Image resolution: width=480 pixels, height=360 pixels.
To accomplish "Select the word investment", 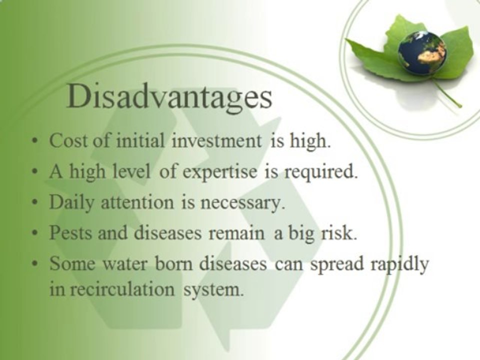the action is (x=216, y=141).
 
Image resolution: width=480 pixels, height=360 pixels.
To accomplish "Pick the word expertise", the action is (x=220, y=172).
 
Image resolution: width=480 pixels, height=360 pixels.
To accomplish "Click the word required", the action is (x=320, y=172).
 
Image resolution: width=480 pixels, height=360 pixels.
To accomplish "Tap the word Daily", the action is (x=71, y=203).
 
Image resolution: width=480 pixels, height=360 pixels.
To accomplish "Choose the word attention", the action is (x=137, y=202).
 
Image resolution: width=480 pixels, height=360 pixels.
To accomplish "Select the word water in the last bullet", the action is (x=124, y=264).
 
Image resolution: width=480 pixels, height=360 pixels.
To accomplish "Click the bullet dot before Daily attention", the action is (x=36, y=202).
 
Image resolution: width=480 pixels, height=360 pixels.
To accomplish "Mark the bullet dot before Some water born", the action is (x=36, y=263).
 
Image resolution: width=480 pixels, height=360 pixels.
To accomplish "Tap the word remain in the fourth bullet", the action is (x=236, y=233).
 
